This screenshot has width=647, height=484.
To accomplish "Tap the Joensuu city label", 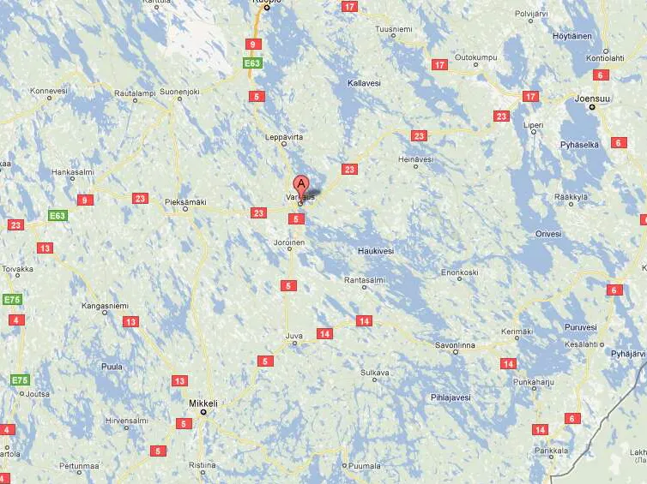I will tap(593, 99).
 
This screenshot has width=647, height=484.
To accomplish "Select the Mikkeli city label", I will tap(203, 403).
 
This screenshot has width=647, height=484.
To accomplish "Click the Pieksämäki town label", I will tap(186, 202).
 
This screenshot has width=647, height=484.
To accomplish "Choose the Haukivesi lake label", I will tap(374, 251).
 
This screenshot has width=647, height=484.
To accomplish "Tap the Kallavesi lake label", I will tap(364, 83).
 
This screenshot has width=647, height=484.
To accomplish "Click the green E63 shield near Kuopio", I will tap(251, 63).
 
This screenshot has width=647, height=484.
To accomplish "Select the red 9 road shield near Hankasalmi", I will tap(83, 200).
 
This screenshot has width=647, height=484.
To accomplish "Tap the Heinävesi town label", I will tap(416, 159).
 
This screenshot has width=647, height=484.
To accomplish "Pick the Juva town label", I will tap(295, 336).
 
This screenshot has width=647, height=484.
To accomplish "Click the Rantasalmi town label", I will tap(362, 280).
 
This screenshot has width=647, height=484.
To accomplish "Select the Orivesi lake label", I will tap(547, 233).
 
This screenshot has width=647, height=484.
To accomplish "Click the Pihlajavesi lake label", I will tap(450, 397).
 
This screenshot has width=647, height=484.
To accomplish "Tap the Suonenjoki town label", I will tap(180, 92).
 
